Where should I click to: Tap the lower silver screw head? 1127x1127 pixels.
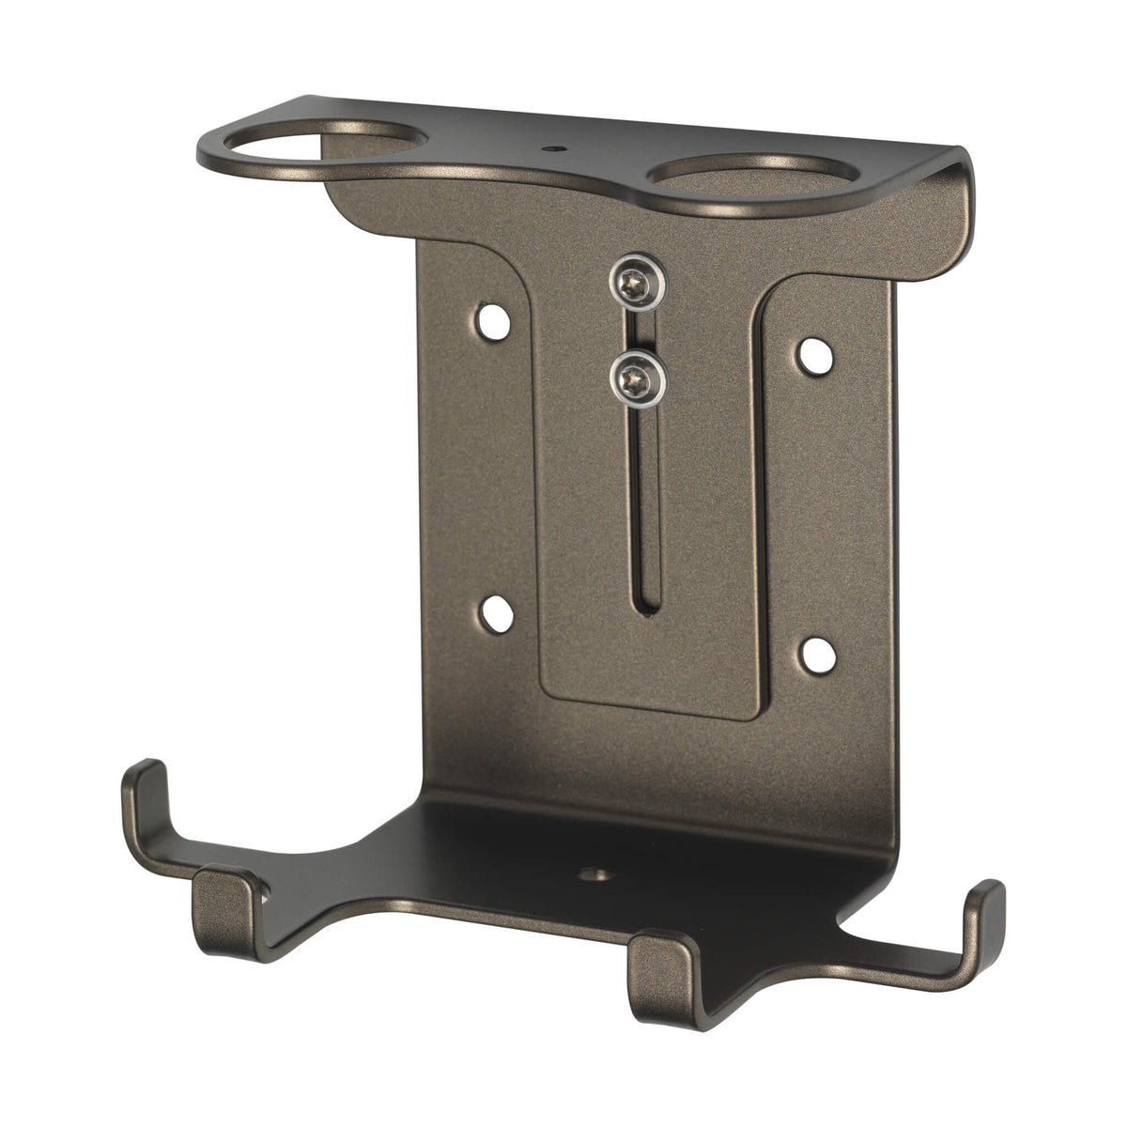point(637,379)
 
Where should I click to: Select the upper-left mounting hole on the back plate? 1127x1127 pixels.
point(493,322)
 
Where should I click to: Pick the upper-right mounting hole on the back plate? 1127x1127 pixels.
point(813,354)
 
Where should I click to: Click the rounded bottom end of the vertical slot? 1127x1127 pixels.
point(646,610)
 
